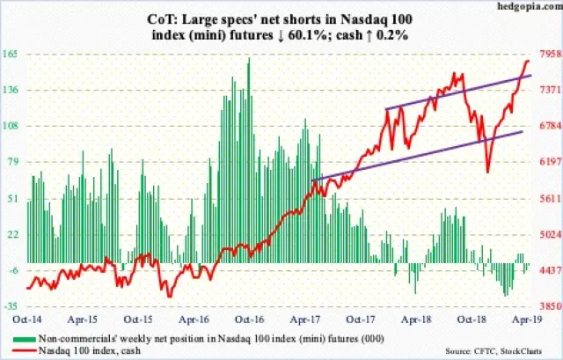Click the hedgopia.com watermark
click(x=531, y=8)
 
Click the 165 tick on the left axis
click(x=16, y=54)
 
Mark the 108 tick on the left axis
click(x=16, y=126)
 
